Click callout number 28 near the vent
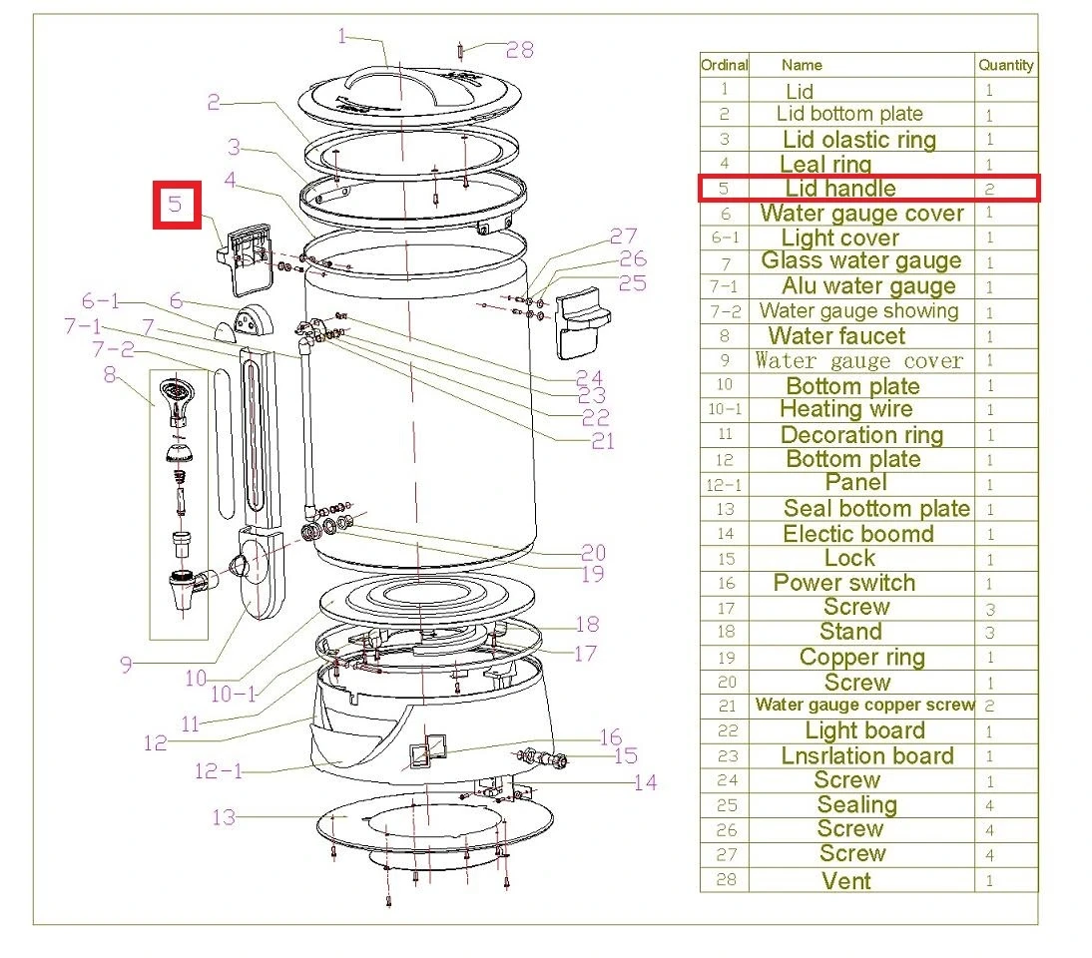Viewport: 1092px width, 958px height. [520, 49]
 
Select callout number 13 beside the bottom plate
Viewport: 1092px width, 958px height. [224, 817]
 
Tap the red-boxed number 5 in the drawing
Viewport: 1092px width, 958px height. [177, 205]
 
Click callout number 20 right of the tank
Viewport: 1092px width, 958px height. [594, 552]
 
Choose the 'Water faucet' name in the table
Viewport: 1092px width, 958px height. [836, 336]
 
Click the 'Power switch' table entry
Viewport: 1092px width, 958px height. [844, 583]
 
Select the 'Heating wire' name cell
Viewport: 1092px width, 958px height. [846, 409]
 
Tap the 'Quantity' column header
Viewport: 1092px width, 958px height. [1005, 65]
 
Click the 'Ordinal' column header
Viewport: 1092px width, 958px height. [725, 65]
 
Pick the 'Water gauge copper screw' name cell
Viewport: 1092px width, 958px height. [864, 706]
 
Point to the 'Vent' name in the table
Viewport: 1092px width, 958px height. [846, 881]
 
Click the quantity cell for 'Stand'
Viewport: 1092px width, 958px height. [990, 633]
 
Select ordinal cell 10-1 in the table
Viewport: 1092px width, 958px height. [725, 409]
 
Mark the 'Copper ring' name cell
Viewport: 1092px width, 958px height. [862, 658]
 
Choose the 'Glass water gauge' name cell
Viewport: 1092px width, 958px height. [861, 261]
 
